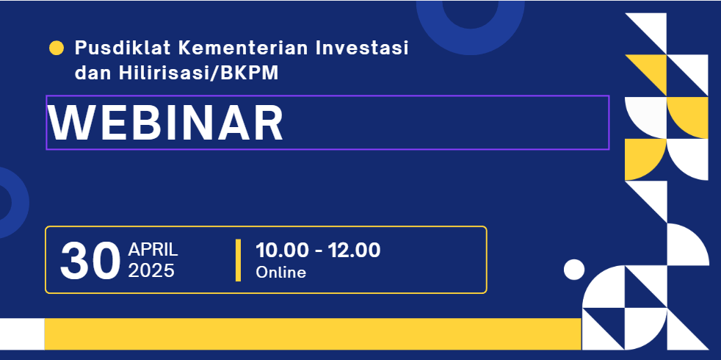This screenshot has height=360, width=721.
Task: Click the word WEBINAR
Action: coord(166,123)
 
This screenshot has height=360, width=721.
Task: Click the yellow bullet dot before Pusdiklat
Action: coord(56,48)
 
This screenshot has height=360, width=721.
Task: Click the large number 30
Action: coord(90,262)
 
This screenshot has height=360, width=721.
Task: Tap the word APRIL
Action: coord(153,250)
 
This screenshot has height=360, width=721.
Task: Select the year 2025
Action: coord(151,271)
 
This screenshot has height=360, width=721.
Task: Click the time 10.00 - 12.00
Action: coord(318,250)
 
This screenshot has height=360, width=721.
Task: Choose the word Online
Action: coord(280,273)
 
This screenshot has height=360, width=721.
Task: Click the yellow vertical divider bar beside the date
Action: coord(238,260)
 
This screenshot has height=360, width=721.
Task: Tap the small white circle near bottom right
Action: coord(574,270)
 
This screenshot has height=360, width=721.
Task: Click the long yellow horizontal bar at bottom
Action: coord(313,334)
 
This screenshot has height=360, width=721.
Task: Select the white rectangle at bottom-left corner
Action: coord(22,334)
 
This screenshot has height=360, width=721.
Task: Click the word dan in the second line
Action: coord(92,73)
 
